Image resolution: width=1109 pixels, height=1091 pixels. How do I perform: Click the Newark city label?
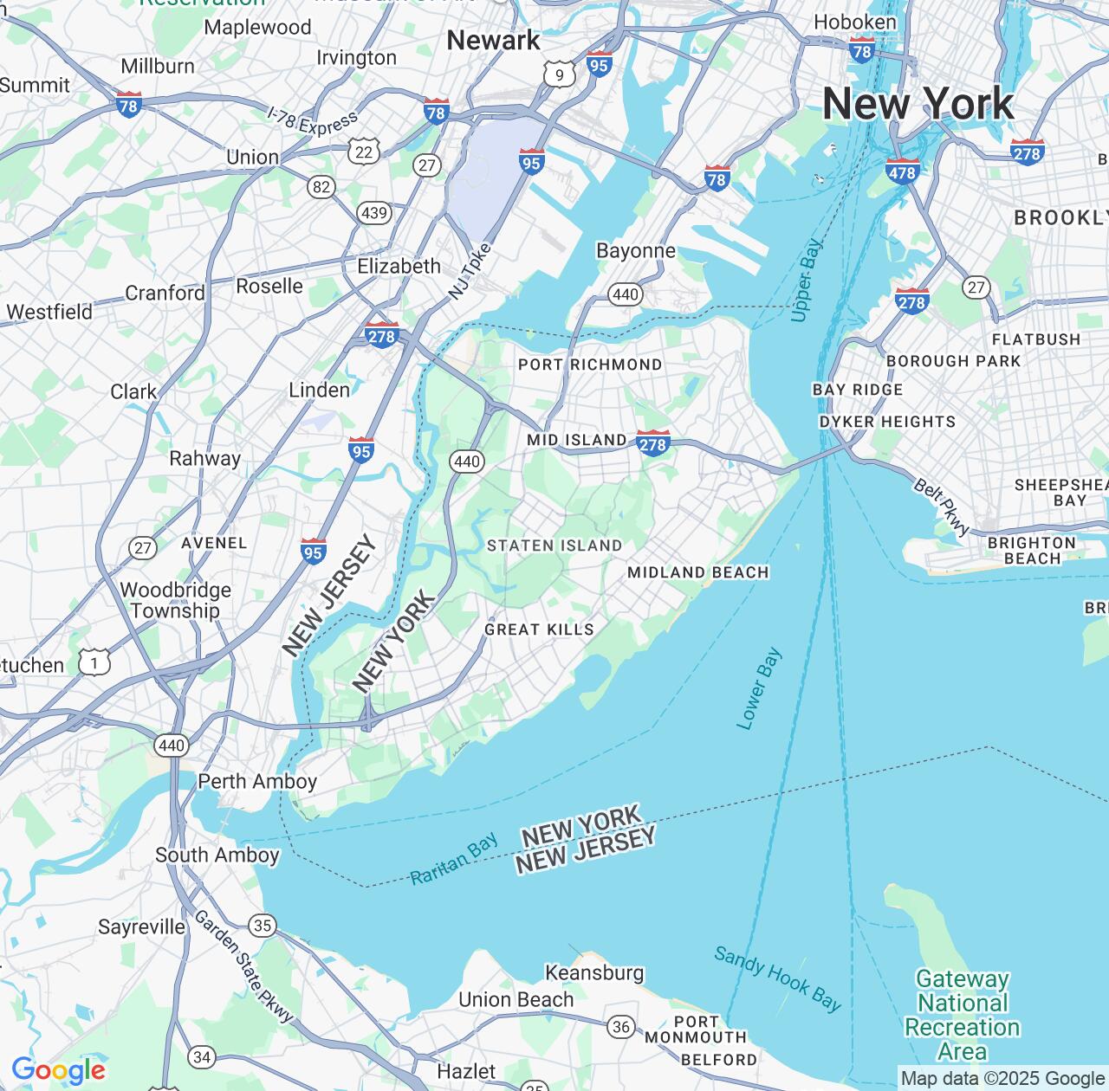point(493,41)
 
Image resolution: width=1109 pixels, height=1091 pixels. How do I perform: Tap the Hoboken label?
point(855,22)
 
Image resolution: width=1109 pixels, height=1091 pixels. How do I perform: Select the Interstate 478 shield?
point(901,171)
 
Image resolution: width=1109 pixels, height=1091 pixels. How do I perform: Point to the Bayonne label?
point(636,251)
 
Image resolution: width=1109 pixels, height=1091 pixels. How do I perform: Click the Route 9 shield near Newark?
point(560,75)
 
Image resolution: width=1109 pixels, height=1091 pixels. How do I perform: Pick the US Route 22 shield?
point(363,152)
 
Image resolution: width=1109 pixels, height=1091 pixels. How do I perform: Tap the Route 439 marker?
point(374,213)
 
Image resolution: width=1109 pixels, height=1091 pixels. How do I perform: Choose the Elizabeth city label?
point(399,267)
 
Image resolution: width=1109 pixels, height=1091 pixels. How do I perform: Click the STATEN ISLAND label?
point(554,545)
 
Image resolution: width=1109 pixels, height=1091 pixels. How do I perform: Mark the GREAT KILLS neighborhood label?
point(539,629)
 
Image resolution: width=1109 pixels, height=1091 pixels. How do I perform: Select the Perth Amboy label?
point(257,782)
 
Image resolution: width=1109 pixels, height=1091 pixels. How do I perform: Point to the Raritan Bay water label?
point(454,859)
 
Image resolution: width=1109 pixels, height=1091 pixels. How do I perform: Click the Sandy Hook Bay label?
point(777,978)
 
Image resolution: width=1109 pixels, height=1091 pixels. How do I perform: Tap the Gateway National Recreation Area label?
point(963,1015)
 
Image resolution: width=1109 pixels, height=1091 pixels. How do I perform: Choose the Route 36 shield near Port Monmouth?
point(620,1027)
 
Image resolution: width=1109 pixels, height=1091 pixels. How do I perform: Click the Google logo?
point(58,1070)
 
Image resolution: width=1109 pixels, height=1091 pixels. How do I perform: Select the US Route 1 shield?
point(94,663)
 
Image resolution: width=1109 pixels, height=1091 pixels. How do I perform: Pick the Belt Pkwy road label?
point(942,507)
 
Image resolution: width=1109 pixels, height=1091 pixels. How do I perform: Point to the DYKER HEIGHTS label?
point(887,423)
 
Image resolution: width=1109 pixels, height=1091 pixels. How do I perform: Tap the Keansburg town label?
point(594,973)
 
